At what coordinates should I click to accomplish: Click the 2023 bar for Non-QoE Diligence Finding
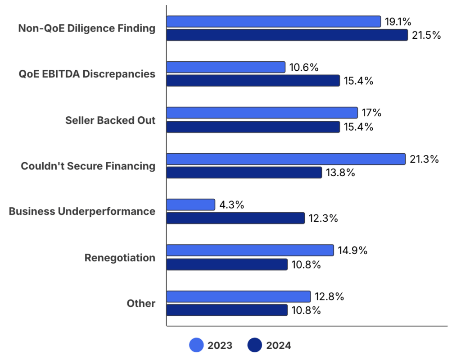(274, 21)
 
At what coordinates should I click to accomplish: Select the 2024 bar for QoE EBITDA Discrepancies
(253, 81)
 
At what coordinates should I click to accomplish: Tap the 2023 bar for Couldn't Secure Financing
(286, 159)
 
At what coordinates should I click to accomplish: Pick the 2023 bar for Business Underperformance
(191, 205)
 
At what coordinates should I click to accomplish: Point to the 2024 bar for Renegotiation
(227, 264)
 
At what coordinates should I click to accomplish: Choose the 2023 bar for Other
(239, 296)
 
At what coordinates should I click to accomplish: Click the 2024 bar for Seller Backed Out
(253, 127)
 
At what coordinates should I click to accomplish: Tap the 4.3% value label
(231, 205)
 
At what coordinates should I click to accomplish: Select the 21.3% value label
(424, 159)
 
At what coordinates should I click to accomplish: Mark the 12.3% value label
(323, 219)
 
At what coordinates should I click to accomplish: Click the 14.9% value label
(353, 251)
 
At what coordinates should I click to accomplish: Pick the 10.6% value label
(304, 67)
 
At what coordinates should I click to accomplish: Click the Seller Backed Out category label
(110, 120)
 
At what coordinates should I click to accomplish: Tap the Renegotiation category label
(120, 258)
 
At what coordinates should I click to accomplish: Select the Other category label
(141, 303)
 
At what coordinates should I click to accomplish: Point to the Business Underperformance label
(82, 211)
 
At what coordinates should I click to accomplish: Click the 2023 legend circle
(196, 346)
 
